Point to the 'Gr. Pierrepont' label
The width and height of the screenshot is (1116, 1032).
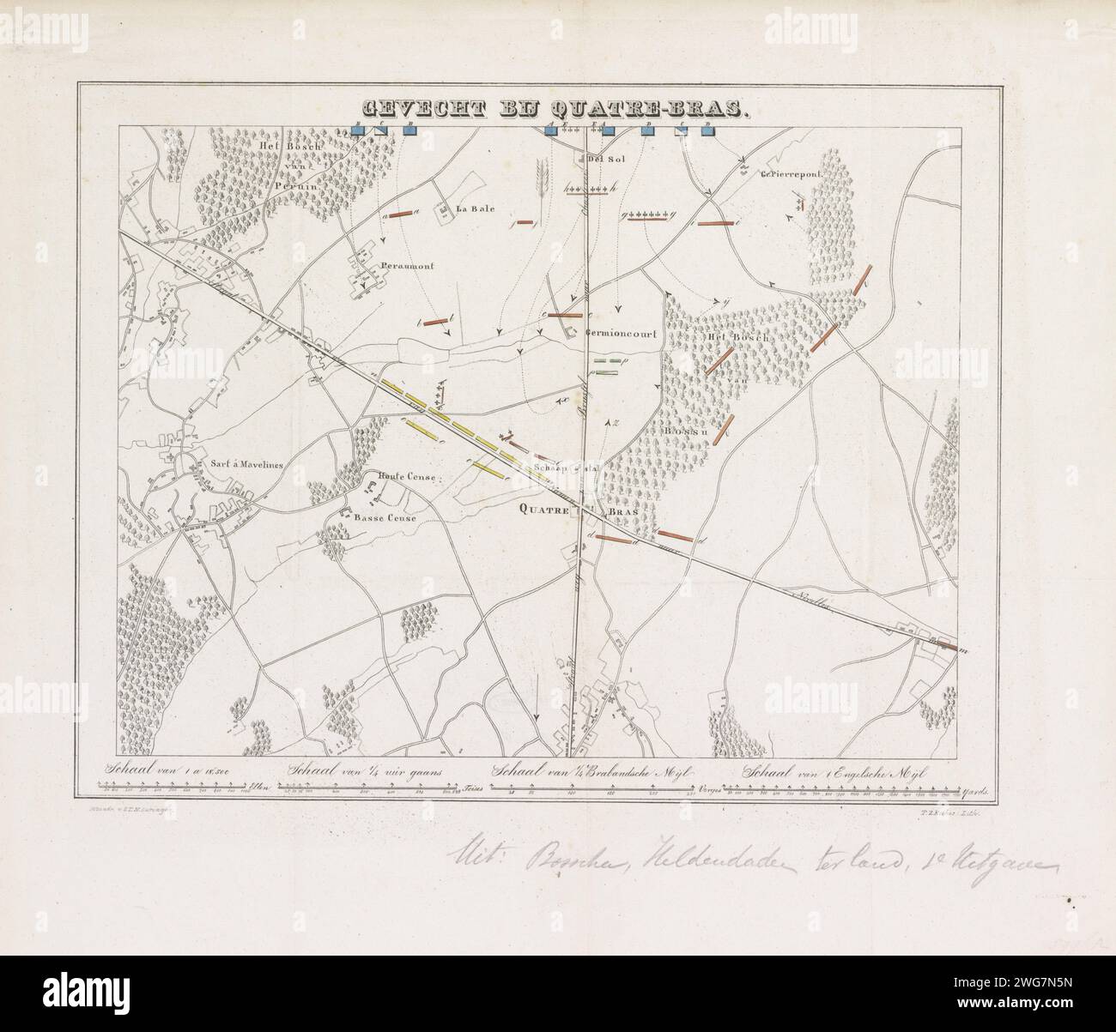791,174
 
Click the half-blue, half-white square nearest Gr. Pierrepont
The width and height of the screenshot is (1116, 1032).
684,130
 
